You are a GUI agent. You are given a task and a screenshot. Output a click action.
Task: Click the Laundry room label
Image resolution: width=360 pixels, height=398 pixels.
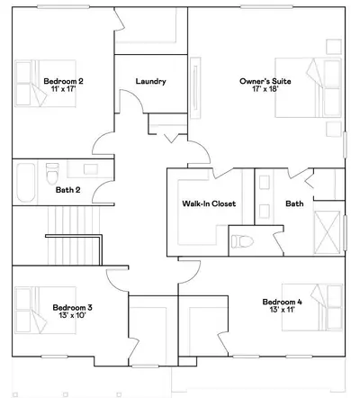click(150, 81)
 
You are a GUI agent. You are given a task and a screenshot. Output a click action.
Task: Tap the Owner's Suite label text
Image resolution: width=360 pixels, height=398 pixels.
click(265, 81)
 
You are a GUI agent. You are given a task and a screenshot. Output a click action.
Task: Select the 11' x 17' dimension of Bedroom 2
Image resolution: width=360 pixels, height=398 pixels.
click(63, 89)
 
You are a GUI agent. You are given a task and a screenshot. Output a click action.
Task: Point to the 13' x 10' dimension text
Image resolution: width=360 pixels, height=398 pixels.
click(73, 315)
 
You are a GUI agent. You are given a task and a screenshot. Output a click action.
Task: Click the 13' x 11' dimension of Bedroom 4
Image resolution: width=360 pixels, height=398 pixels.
click(282, 310)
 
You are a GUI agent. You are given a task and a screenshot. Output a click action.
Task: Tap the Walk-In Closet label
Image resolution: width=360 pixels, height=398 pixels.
click(209, 204)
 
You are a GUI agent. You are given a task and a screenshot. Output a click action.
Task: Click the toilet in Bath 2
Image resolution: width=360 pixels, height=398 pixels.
click(52, 174)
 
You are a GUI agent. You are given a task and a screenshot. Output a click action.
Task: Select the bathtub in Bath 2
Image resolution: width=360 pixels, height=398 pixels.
click(26, 183)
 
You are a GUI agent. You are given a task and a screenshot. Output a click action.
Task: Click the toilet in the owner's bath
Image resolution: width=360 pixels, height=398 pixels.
click(242, 241)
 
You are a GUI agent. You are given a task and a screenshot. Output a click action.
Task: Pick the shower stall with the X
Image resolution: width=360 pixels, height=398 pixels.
click(327, 232)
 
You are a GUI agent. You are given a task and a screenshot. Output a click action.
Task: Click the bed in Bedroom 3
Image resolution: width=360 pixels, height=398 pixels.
click(45, 310)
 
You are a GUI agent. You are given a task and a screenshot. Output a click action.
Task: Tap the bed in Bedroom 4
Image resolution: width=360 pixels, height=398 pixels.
click(312, 307)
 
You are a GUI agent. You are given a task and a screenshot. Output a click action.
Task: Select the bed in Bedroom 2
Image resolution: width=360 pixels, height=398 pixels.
click(45, 83)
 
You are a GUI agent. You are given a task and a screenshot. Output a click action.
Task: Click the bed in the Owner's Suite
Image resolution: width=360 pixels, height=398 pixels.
click(309, 87)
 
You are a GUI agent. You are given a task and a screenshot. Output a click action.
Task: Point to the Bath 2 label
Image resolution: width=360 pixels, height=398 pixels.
click(68, 190)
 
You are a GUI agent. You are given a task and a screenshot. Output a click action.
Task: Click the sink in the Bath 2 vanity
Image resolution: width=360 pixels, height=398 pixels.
click(91, 169)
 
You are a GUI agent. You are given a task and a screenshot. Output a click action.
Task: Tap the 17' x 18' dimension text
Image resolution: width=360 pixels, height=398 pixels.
click(265, 89)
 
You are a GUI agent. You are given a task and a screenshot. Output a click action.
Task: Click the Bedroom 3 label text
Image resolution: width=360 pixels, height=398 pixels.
click(73, 308)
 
